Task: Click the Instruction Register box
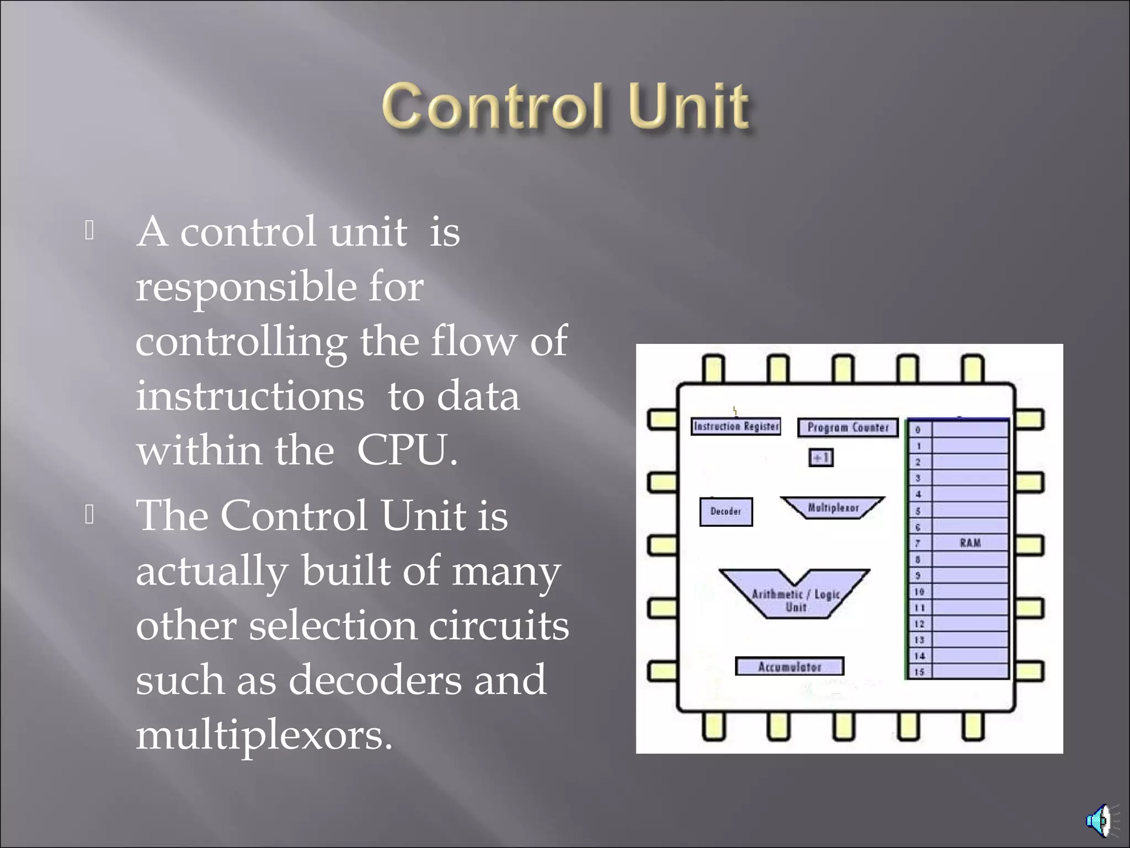(735, 426)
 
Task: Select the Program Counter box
(847, 427)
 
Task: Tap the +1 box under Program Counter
(820, 458)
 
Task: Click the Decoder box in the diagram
(726, 511)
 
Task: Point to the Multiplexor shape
(833, 507)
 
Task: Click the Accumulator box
(790, 666)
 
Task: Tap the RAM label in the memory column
(970, 543)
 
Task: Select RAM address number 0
(918, 430)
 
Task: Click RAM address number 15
(919, 672)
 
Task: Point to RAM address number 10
(919, 591)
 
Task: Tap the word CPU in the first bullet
(406, 451)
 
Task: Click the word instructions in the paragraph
(250, 396)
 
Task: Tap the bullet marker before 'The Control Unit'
(89, 515)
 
